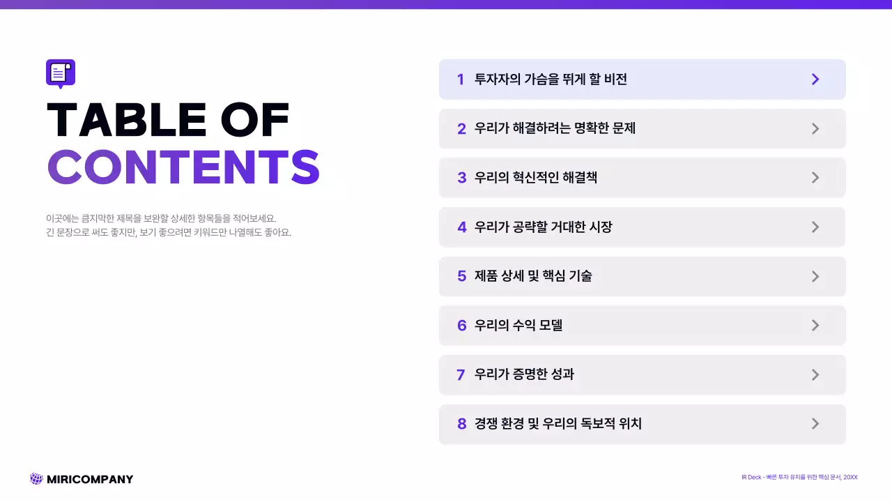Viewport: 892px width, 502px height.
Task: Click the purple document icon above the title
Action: (61, 73)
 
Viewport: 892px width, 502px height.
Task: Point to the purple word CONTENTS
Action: (183, 168)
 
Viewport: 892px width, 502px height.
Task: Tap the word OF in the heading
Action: (254, 120)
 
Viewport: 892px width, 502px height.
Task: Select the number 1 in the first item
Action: (461, 79)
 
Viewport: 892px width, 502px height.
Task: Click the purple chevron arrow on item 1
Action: (815, 79)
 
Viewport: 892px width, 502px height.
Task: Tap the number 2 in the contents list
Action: (461, 129)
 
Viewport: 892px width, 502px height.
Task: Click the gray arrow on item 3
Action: (815, 178)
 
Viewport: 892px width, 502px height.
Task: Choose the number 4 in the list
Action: (461, 227)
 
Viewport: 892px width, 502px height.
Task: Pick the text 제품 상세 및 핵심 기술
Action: (533, 276)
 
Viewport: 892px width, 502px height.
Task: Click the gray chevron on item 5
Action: (815, 276)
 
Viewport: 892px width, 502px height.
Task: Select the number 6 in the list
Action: (461, 326)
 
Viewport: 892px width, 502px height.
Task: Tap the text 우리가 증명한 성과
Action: (524, 374)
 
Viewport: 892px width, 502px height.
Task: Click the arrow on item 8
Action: (815, 424)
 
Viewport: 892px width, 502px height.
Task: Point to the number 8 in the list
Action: (461, 424)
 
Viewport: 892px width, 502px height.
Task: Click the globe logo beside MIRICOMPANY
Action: (36, 479)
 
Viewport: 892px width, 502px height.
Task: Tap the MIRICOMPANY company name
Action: (89, 479)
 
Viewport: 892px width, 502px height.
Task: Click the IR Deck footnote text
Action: (799, 477)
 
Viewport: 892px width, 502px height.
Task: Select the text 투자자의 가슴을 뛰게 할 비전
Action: (551, 79)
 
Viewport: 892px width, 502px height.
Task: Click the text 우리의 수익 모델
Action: (518, 326)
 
